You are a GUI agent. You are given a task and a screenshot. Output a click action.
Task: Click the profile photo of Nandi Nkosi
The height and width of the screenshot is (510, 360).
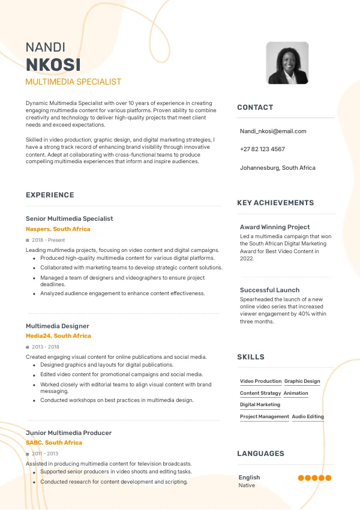(287, 63)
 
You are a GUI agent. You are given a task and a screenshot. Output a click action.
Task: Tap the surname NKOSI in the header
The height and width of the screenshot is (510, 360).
(53, 65)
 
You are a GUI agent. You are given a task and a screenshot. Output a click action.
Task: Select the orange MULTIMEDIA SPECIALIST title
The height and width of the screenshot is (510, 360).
(73, 82)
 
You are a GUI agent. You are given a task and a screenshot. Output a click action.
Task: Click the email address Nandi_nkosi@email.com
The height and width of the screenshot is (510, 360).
(273, 131)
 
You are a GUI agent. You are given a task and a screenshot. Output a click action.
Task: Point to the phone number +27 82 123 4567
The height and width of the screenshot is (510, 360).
(262, 149)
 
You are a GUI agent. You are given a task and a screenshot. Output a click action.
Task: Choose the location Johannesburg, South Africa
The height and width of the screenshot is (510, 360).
(277, 168)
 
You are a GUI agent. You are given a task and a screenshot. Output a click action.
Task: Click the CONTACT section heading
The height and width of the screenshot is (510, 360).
(255, 107)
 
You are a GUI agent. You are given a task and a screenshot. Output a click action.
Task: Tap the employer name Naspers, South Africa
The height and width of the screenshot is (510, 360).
(58, 229)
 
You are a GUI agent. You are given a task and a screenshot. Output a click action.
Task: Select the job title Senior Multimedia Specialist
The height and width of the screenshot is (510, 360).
(69, 219)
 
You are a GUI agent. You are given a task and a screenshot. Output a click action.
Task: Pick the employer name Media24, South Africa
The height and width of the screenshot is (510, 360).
(58, 336)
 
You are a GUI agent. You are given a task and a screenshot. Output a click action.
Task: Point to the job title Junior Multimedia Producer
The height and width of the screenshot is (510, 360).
(68, 433)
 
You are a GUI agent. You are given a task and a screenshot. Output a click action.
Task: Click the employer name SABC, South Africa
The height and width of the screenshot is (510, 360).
(53, 443)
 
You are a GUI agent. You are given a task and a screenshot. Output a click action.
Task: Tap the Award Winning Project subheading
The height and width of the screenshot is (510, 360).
(275, 227)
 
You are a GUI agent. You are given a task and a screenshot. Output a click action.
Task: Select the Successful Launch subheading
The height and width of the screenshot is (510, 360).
(269, 290)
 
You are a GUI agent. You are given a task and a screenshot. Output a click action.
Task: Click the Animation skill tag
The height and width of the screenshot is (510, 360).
(296, 393)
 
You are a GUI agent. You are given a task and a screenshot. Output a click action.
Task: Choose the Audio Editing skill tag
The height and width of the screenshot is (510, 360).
(308, 416)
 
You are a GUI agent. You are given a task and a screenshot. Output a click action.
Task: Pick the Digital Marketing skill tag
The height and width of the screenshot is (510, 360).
(260, 405)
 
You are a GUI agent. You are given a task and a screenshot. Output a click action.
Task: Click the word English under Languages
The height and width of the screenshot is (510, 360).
(249, 478)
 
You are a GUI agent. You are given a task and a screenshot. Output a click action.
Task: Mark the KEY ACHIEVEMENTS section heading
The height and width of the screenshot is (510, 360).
(275, 203)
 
